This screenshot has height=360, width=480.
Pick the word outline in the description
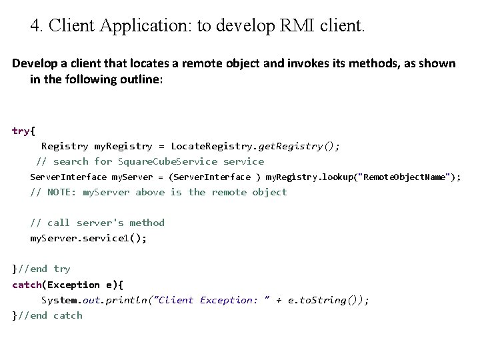[138, 79]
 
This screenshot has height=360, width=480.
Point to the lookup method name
[339, 177]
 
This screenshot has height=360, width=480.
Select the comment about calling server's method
[97, 223]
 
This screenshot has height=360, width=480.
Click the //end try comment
[44, 269]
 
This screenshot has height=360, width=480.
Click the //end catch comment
[50, 315]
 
